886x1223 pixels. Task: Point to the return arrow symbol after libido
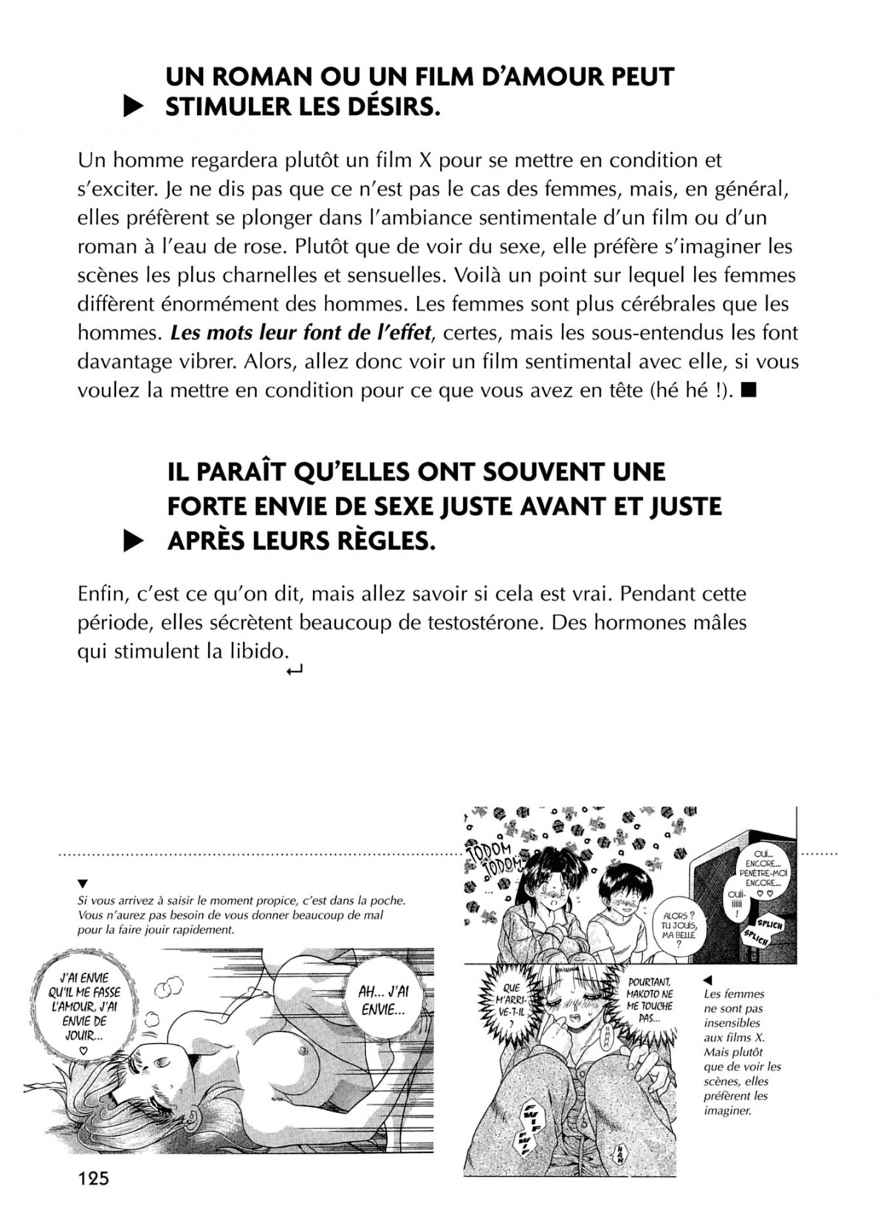click(295, 670)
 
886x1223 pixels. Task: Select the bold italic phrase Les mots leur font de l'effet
click(300, 332)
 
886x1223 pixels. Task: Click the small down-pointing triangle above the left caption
click(83, 883)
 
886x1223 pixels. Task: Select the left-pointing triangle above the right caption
click(707, 979)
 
